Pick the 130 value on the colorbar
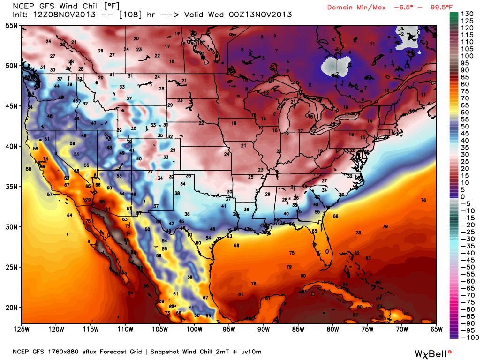pos(467,14)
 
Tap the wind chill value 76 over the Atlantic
pos(423,200)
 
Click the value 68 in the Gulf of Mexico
pos(236,245)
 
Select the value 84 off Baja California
pos(130,293)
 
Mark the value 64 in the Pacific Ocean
pos(69,215)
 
